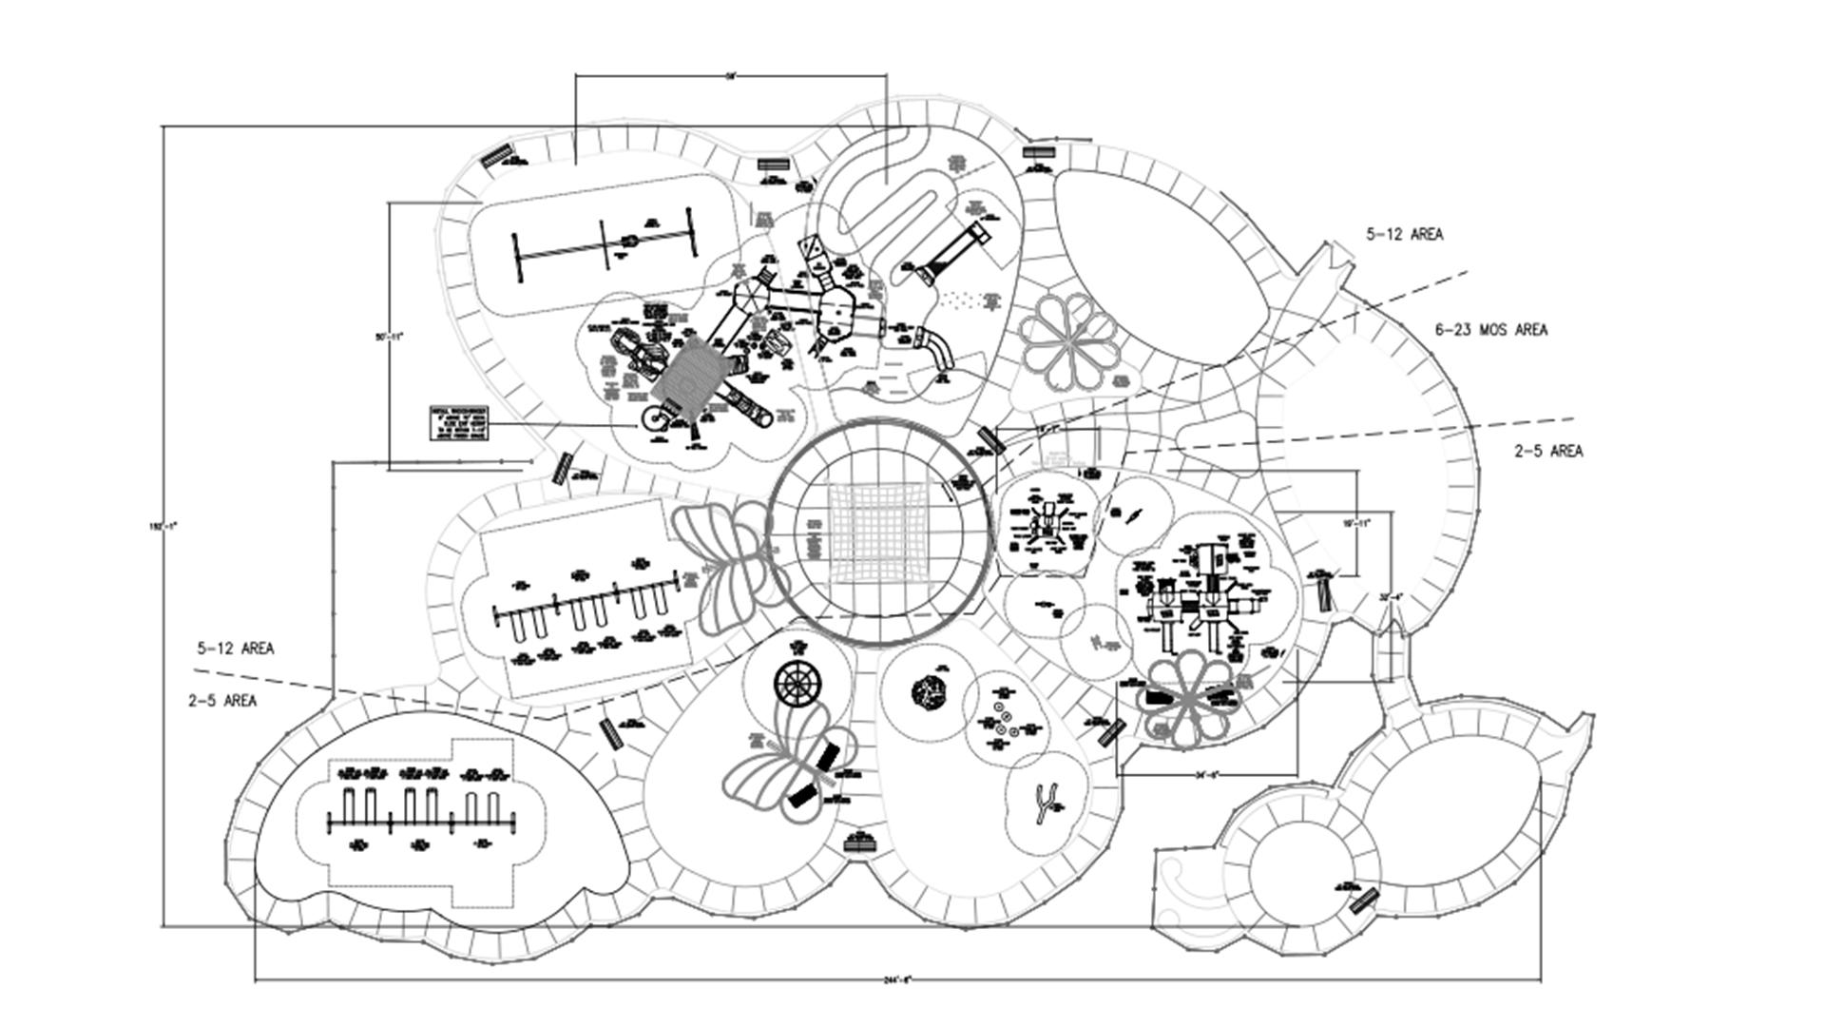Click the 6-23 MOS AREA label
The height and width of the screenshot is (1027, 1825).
click(x=1490, y=330)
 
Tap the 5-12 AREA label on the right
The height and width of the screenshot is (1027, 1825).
click(x=1404, y=234)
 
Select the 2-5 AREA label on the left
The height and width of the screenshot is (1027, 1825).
click(x=222, y=701)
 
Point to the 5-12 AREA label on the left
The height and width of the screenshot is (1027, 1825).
click(x=236, y=649)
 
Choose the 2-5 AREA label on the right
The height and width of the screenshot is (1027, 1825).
click(x=1548, y=451)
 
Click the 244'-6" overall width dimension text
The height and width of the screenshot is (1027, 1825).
click(x=897, y=979)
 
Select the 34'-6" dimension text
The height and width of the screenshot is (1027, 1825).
click(x=1208, y=775)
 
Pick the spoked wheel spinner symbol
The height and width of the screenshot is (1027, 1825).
click(x=797, y=683)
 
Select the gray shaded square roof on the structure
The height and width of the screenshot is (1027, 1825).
click(x=690, y=378)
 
